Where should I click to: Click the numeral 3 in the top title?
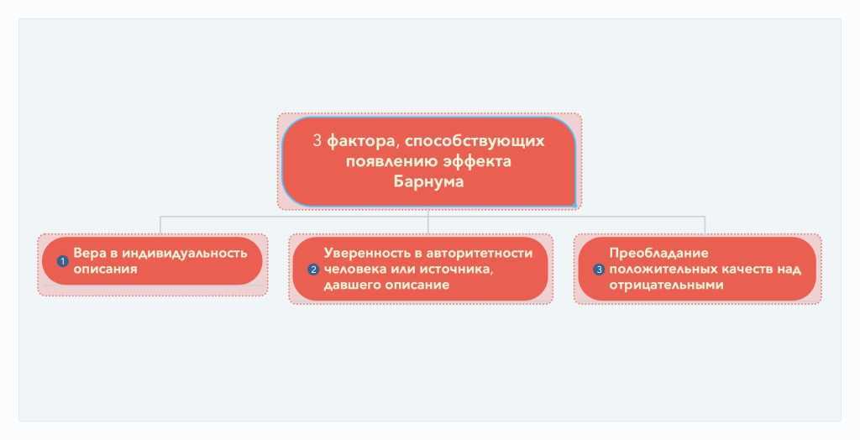317,141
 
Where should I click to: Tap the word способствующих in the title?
475,142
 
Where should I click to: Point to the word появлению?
384,161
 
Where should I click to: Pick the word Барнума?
428,181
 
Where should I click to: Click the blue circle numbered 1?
62,262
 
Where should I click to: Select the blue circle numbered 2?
313,270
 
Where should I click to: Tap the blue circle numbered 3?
599,270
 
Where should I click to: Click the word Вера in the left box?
89,254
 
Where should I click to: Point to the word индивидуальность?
184,254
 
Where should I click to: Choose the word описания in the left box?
105,270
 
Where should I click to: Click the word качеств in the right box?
741,270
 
